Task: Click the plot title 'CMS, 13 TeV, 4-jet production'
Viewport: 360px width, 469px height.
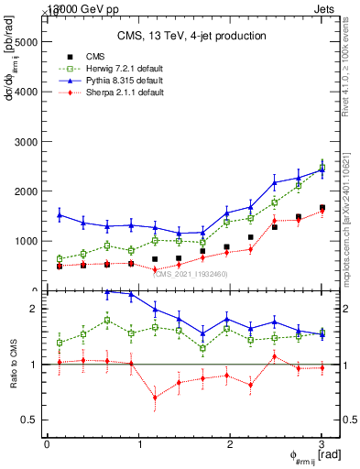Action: (191, 36)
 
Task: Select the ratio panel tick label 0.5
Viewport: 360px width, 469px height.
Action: (30, 420)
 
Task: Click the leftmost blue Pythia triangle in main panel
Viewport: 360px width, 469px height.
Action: (60, 215)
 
